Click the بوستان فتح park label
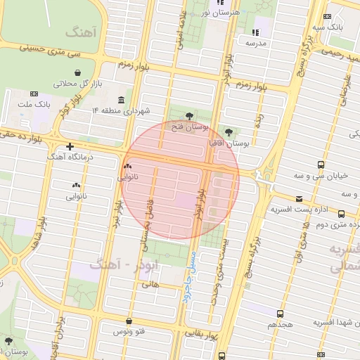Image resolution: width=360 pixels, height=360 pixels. tap(191, 127)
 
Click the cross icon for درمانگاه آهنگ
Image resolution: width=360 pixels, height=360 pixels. tap(70, 146)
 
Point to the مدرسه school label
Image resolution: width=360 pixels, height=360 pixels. tap(256, 43)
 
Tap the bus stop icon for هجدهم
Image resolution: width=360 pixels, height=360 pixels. tap(281, 314)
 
